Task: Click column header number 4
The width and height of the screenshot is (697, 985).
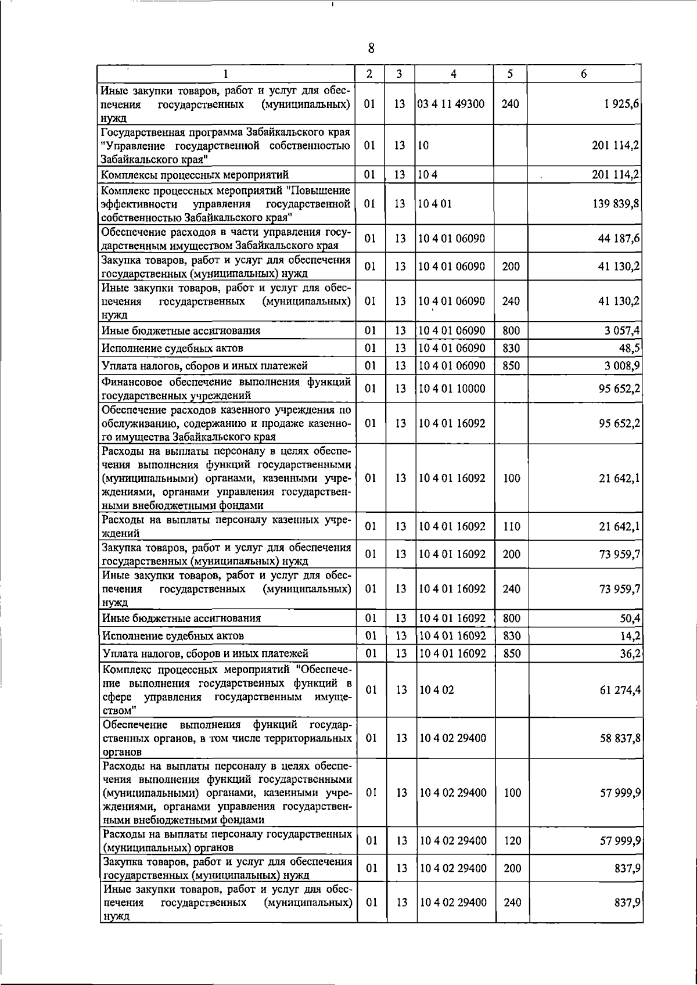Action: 453,74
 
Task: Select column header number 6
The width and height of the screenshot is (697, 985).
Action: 584,74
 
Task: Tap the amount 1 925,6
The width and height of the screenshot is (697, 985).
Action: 619,104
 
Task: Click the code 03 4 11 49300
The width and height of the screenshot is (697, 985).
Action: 451,104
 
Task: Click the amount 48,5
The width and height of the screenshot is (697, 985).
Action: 629,348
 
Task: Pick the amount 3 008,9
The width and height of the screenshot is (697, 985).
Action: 621,365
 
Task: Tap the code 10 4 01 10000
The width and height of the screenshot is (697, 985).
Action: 452,389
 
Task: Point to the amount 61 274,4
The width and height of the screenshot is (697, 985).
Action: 619,690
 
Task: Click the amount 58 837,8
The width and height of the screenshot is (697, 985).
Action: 619,738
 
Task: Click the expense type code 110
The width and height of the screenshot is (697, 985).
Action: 511,527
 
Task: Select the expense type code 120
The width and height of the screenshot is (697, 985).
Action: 512,840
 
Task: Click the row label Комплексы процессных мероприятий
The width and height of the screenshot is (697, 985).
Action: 195,175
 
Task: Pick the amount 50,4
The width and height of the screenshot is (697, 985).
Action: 630,618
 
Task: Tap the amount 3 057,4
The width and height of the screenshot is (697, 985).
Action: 621,330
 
